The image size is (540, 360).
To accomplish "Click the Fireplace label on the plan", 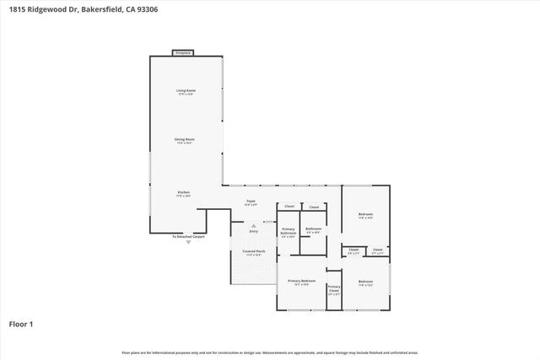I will (182, 53).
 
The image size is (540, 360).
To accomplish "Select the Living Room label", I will (186, 90).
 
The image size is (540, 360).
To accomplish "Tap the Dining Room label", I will (185, 140).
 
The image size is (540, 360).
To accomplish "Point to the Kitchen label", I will (183, 193).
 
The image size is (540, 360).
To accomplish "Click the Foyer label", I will (251, 201).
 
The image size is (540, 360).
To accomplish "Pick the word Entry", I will (253, 230).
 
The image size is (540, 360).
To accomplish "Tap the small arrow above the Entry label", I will (253, 224).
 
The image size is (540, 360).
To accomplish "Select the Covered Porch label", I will (255, 250).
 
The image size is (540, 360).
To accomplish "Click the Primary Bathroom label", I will (289, 232).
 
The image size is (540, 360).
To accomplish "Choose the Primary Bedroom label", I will (301, 282).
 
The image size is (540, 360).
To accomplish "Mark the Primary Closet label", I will (334, 289).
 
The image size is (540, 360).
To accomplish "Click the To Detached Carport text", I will (188, 237).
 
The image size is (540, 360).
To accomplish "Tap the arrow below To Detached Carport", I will (188, 243).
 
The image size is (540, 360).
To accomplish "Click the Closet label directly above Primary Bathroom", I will (289, 207).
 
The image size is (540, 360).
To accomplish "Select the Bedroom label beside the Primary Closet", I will (365, 282).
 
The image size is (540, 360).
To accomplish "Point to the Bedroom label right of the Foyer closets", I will (365, 215).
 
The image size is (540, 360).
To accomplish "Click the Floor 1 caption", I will (21, 323).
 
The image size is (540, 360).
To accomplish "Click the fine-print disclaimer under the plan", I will (269, 352).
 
